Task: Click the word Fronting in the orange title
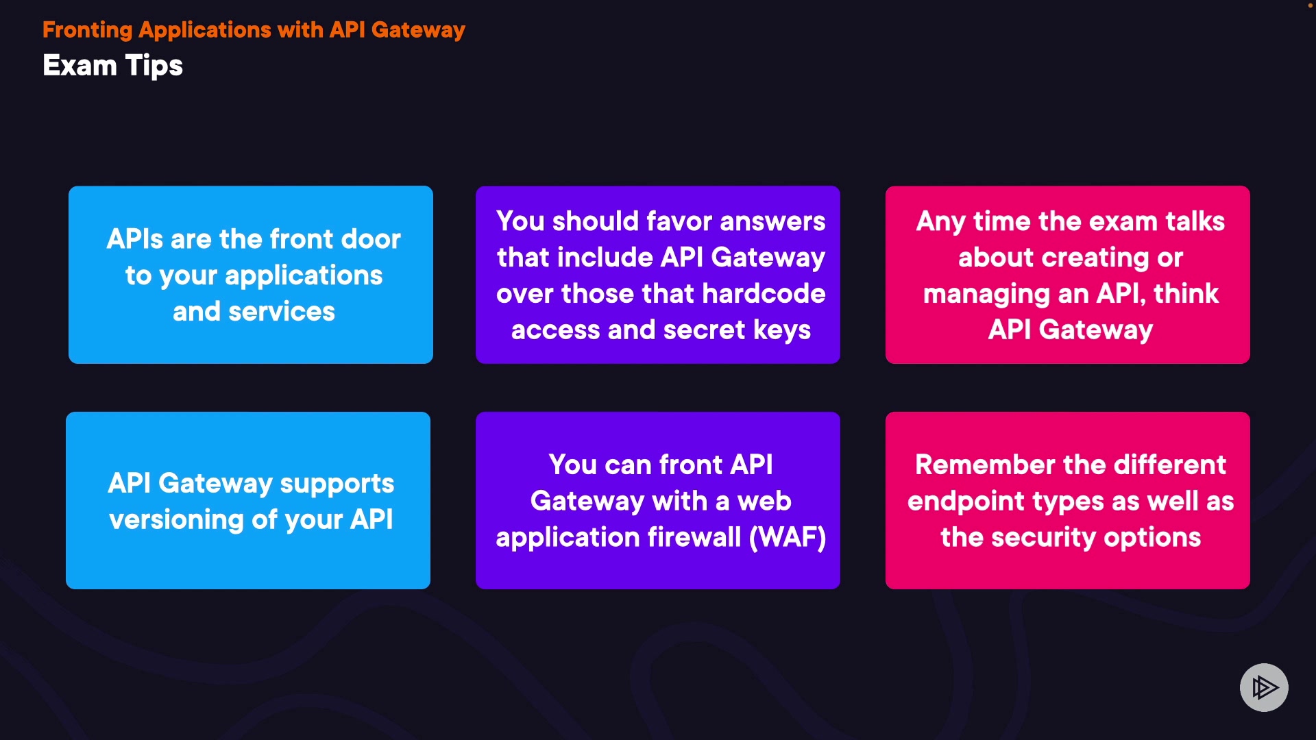point(87,30)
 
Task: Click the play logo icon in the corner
point(1264,687)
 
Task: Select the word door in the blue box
point(371,239)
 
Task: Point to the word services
point(281,312)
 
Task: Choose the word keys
point(782,330)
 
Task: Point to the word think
point(1186,294)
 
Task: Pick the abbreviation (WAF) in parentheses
point(788,538)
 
